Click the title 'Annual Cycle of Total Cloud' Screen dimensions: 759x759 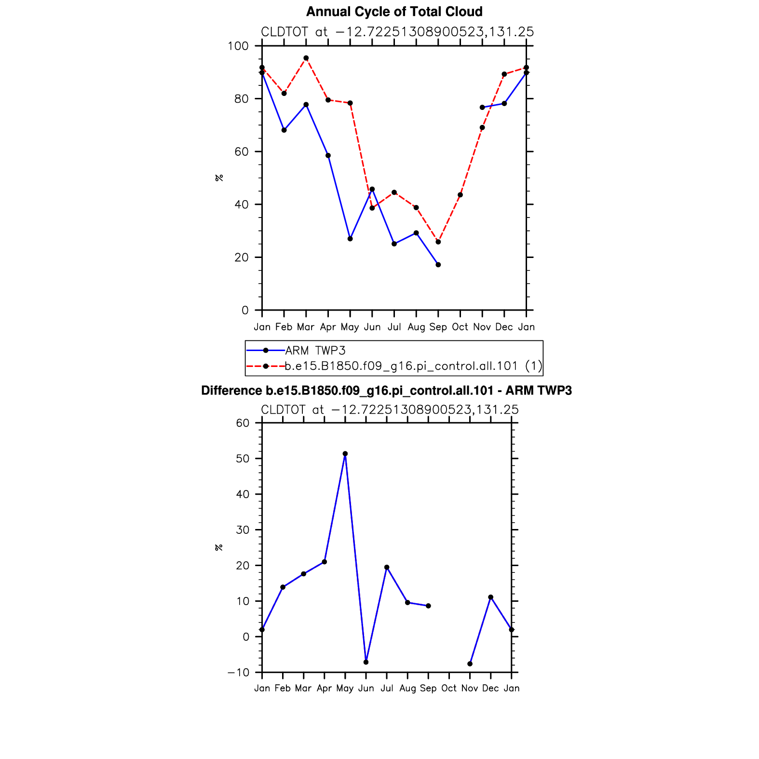(x=394, y=12)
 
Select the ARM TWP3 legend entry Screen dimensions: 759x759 (x=315, y=351)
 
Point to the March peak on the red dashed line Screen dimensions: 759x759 (x=306, y=58)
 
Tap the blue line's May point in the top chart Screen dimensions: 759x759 (x=350, y=239)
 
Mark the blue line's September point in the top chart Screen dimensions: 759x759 (x=438, y=265)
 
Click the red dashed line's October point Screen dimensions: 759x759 (x=460, y=195)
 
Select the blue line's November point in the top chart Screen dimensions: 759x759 (x=482, y=108)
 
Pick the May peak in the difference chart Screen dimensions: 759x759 (x=345, y=454)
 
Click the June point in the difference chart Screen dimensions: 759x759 (x=366, y=662)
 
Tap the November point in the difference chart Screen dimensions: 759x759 (x=470, y=664)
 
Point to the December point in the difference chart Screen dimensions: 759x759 (x=491, y=597)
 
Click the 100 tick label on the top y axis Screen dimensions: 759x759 (x=238, y=46)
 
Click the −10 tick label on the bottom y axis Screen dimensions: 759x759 (x=240, y=673)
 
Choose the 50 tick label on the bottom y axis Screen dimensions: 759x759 (x=243, y=459)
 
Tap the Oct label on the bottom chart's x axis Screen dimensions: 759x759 (x=449, y=688)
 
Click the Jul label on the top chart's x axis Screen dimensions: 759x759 (x=394, y=327)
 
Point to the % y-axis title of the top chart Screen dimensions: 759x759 (x=219, y=178)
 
